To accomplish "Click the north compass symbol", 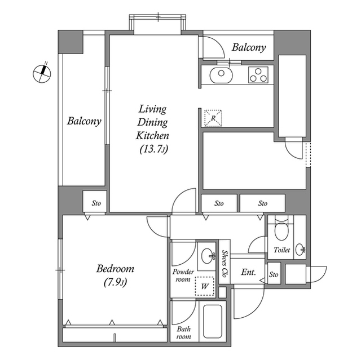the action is pyautogui.click(x=42, y=74).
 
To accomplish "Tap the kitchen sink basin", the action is pyautogui.click(x=221, y=75).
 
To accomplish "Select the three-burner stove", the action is pyautogui.click(x=258, y=75).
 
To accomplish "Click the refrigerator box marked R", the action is pyautogui.click(x=213, y=118).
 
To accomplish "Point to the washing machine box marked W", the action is pyautogui.click(x=204, y=286).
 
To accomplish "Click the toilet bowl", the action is pyautogui.click(x=281, y=230).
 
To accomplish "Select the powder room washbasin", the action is pyautogui.click(x=209, y=255).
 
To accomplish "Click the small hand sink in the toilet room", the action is pyautogui.click(x=300, y=250).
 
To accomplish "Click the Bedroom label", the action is pyautogui.click(x=115, y=269).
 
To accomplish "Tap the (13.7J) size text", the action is pyautogui.click(x=154, y=149).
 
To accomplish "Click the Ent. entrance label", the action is pyautogui.click(x=248, y=272).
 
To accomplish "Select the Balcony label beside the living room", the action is pyautogui.click(x=84, y=121).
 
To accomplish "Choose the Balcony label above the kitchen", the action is pyautogui.click(x=249, y=47).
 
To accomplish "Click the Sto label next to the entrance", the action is pyautogui.click(x=274, y=274).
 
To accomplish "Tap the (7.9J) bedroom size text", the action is pyautogui.click(x=115, y=282).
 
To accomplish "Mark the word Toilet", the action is pyautogui.click(x=282, y=250).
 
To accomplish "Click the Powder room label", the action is pyautogui.click(x=183, y=275).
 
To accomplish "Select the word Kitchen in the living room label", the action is pyautogui.click(x=152, y=135).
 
